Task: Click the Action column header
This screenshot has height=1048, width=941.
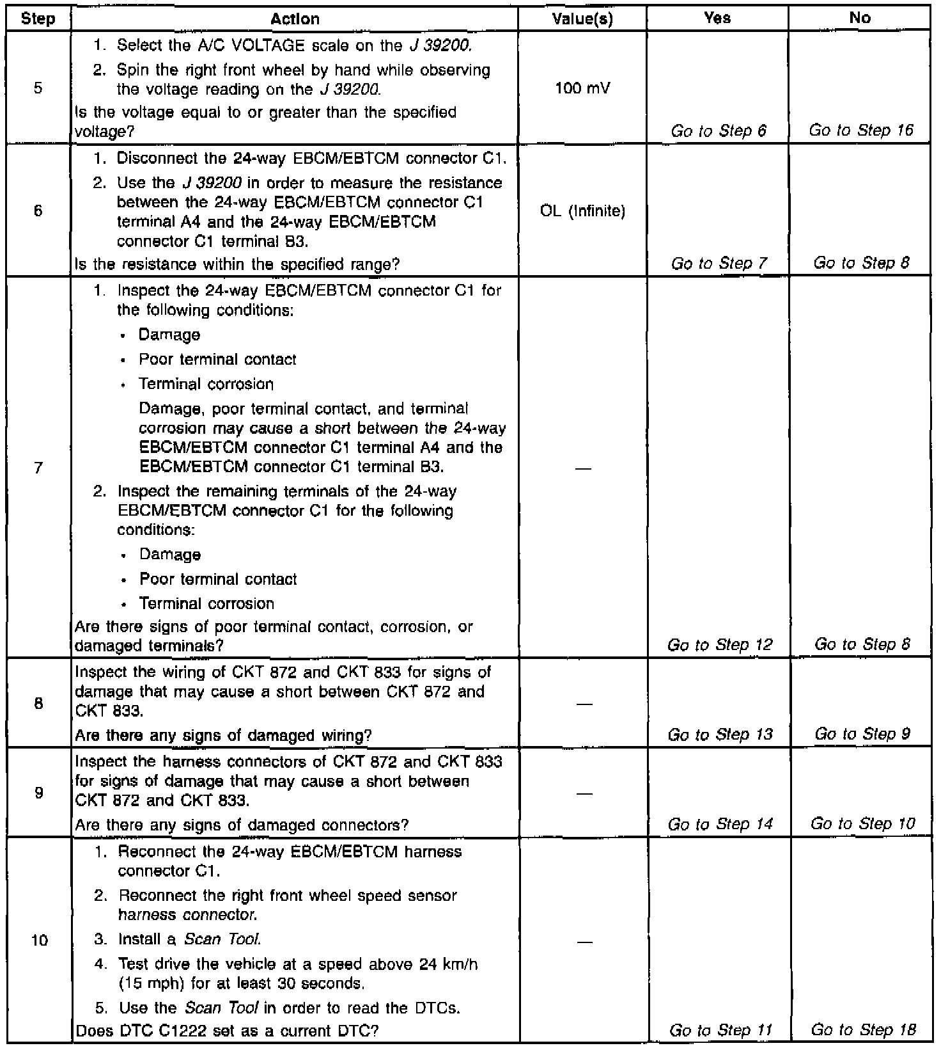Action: click(x=295, y=19)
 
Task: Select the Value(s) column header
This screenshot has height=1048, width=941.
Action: click(x=582, y=19)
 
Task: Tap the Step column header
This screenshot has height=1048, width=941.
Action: click(x=38, y=19)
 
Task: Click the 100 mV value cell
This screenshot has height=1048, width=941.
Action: click(x=582, y=88)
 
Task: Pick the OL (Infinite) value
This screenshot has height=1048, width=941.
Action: click(x=582, y=211)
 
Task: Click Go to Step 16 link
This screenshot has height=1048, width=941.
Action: click(x=860, y=131)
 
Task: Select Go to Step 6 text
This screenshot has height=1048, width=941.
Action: click(x=719, y=131)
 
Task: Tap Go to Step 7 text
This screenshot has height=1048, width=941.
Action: click(x=719, y=263)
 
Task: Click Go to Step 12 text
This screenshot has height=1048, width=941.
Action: click(x=720, y=644)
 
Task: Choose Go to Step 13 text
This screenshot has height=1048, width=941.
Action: click(x=720, y=734)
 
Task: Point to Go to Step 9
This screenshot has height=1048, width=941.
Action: click(x=862, y=734)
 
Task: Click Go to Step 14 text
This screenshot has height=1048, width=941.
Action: click(x=720, y=824)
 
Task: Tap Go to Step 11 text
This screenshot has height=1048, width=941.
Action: click(x=720, y=1030)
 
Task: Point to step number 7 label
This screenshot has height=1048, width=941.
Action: click(x=38, y=468)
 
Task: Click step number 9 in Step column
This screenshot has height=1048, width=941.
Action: click(x=38, y=793)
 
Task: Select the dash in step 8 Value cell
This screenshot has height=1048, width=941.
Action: click(x=582, y=704)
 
